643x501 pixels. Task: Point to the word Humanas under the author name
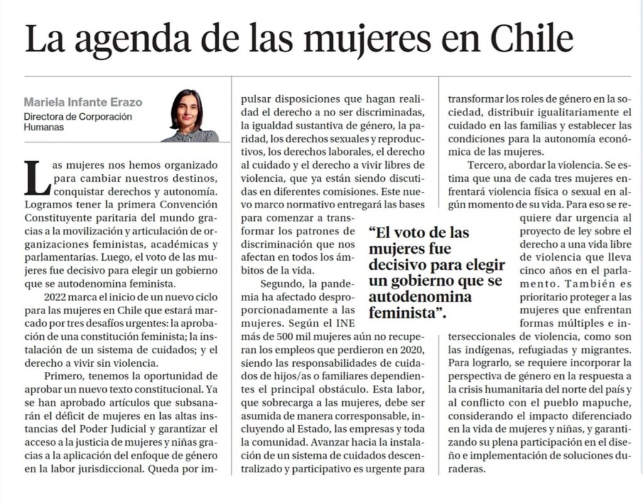click(x=43, y=127)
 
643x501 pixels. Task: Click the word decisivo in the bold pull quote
click(x=394, y=262)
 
